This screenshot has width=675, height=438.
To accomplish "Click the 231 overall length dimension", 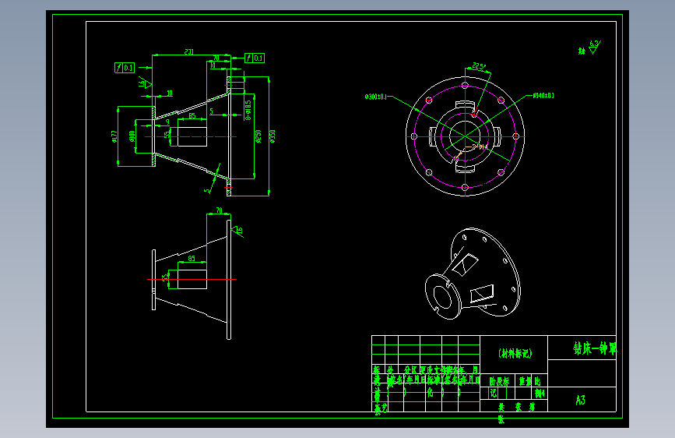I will (x=188, y=52).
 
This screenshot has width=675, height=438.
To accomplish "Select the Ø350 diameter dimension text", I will (x=272, y=136).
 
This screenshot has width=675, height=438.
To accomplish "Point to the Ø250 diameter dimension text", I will (x=258, y=136).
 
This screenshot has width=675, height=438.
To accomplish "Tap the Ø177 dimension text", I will (x=114, y=136).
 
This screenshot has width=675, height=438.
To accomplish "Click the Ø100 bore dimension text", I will (x=132, y=136).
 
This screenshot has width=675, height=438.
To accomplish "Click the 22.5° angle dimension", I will (x=479, y=67).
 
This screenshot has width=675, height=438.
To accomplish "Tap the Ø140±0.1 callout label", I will (x=543, y=96).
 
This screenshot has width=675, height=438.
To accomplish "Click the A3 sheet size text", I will (x=580, y=401).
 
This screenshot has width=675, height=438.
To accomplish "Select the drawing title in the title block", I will (x=594, y=348).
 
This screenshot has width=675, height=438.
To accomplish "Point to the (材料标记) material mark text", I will (x=514, y=352).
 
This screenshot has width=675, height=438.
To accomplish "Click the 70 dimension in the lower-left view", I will (x=219, y=210).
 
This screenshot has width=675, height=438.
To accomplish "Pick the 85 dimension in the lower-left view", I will (x=192, y=259).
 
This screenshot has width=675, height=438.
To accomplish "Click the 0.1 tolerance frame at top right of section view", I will (x=255, y=58).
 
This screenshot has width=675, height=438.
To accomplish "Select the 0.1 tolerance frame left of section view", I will (x=125, y=68).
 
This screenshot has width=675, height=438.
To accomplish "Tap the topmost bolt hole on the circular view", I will (x=465, y=85).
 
